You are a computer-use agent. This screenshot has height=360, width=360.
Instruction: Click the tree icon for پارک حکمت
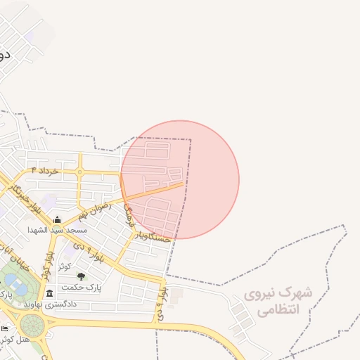[x=80, y=276]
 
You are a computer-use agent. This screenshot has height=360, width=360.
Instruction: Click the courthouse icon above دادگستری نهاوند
[x=49, y=293]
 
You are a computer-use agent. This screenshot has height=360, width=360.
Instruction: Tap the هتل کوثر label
[x=16, y=340]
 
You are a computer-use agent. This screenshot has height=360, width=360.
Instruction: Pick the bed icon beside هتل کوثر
[x=5, y=328]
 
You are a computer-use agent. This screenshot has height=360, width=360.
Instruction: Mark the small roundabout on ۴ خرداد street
[x=80, y=172]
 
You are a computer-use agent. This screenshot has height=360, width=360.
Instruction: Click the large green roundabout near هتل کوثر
[x=32, y=325]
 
